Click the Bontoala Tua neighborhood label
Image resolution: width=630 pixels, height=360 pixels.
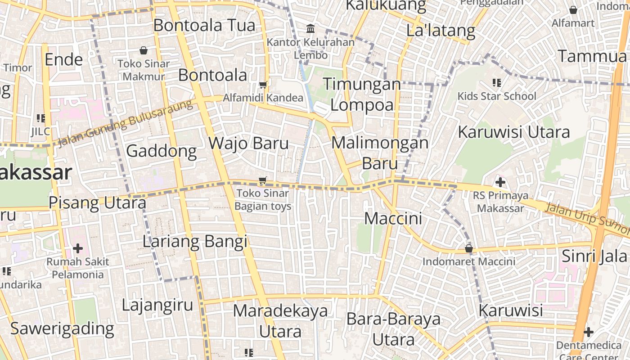[204, 25]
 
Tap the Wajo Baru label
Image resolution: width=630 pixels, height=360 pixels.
[248, 143]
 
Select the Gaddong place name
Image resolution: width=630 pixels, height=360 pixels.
[162, 151]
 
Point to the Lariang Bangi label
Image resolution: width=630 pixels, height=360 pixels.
[195, 242]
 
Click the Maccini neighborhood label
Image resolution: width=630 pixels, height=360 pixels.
[393, 219]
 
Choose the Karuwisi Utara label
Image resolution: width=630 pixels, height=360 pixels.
[514, 132]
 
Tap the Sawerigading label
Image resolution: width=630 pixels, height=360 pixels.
[62, 328]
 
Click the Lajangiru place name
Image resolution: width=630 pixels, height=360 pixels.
[157, 305]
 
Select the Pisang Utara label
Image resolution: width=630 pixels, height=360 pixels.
[97, 203]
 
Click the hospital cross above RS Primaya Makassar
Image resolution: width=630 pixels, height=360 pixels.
[500, 182]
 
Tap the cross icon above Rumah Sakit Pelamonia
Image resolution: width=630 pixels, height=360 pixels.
[78, 248]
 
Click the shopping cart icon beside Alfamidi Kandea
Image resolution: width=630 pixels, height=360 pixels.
[263, 85]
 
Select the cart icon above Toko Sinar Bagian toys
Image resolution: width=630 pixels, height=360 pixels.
[263, 180]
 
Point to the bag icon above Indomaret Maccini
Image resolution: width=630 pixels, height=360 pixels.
[469, 248]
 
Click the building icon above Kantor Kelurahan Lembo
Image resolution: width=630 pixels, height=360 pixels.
[310, 29]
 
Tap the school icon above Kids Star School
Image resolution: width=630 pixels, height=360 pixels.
[497, 83]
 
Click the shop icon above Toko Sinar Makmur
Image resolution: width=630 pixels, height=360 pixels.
[144, 50]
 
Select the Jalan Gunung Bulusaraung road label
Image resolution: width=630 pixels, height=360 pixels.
[126, 123]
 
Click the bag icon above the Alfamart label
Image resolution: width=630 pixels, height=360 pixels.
[573, 9]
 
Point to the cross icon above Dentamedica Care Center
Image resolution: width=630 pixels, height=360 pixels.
[588, 332]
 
